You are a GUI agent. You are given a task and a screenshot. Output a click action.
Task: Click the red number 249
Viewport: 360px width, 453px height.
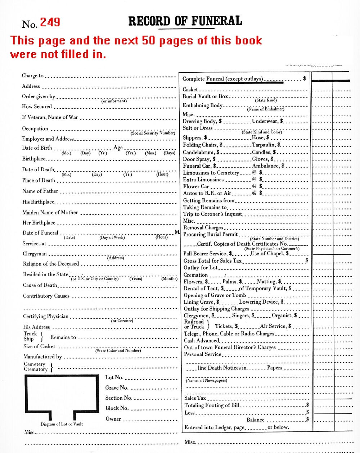click(x=50, y=23)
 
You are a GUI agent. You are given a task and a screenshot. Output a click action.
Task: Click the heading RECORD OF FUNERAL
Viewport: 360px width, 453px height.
click(x=185, y=21)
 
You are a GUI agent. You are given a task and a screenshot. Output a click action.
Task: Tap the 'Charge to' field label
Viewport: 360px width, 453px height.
click(x=32, y=76)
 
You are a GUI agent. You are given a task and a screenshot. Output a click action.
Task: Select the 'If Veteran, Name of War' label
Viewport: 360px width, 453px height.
click(x=50, y=117)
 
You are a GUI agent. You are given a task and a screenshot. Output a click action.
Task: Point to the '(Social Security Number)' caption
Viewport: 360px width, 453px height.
click(x=153, y=133)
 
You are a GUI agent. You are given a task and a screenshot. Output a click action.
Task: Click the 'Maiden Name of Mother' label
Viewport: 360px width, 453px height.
click(x=50, y=213)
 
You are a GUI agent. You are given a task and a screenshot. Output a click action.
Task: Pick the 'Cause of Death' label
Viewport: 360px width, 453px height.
click(x=40, y=285)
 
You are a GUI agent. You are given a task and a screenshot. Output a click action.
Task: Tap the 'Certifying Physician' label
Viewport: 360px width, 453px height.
click(x=46, y=316)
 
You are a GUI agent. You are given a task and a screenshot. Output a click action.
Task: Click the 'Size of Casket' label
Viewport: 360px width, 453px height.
click(x=39, y=346)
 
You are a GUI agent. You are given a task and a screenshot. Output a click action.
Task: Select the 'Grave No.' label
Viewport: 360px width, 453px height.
click(x=117, y=388)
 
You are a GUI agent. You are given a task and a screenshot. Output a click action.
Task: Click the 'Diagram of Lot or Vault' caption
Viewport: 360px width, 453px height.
click(x=62, y=424)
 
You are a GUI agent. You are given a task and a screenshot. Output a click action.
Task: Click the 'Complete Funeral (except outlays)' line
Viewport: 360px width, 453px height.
click(x=222, y=79)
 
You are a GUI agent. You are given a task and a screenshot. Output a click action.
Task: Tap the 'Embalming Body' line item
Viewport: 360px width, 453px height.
click(x=202, y=105)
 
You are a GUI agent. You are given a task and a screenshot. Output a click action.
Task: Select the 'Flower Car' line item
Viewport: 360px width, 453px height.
click(x=196, y=186)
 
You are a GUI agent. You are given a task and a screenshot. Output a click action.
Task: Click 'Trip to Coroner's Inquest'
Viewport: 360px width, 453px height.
click(x=212, y=214)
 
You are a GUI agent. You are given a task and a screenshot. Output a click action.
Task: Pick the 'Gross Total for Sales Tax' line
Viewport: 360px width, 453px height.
click(x=212, y=261)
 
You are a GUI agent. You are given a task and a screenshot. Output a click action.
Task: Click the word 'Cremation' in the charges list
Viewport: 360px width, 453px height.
click(x=195, y=275)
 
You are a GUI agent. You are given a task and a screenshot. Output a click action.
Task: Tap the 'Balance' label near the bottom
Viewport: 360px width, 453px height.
click(x=255, y=420)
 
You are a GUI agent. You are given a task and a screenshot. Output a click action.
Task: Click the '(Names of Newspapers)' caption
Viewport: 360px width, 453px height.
click(x=206, y=380)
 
